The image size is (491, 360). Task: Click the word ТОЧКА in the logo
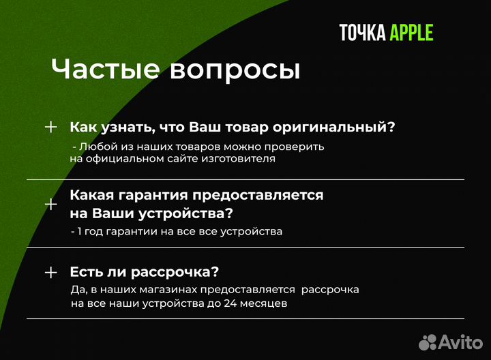click(363, 33)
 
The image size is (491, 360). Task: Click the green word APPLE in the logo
click(411, 33)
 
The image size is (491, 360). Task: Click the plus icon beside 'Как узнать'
click(50, 127)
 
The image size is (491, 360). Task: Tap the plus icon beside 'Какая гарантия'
click(50, 204)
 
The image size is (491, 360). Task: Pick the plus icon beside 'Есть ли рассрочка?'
click(50, 272)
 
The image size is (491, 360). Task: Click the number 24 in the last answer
click(230, 303)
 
